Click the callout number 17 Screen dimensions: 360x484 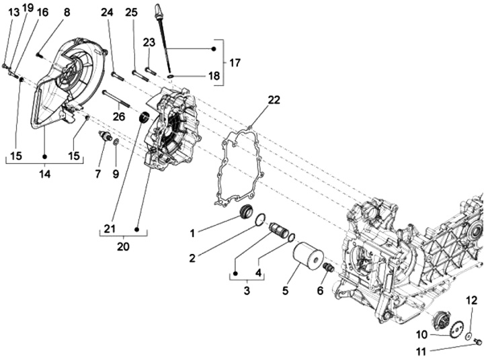tap(235, 62)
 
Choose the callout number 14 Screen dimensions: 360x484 tap(44, 175)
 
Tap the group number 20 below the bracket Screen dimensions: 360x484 tap(123, 246)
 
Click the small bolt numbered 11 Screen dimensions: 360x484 tap(478, 343)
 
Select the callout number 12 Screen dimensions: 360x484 tap(471, 300)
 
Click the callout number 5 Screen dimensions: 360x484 tap(286, 291)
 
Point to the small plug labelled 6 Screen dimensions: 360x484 tap(329, 269)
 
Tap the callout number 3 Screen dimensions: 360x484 tap(246, 291)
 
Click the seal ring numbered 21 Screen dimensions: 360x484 tap(143, 119)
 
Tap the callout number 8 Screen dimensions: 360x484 tap(66, 12)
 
